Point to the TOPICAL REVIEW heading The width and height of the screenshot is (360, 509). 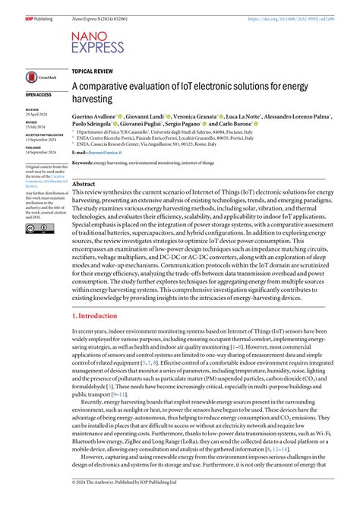[95, 69]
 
